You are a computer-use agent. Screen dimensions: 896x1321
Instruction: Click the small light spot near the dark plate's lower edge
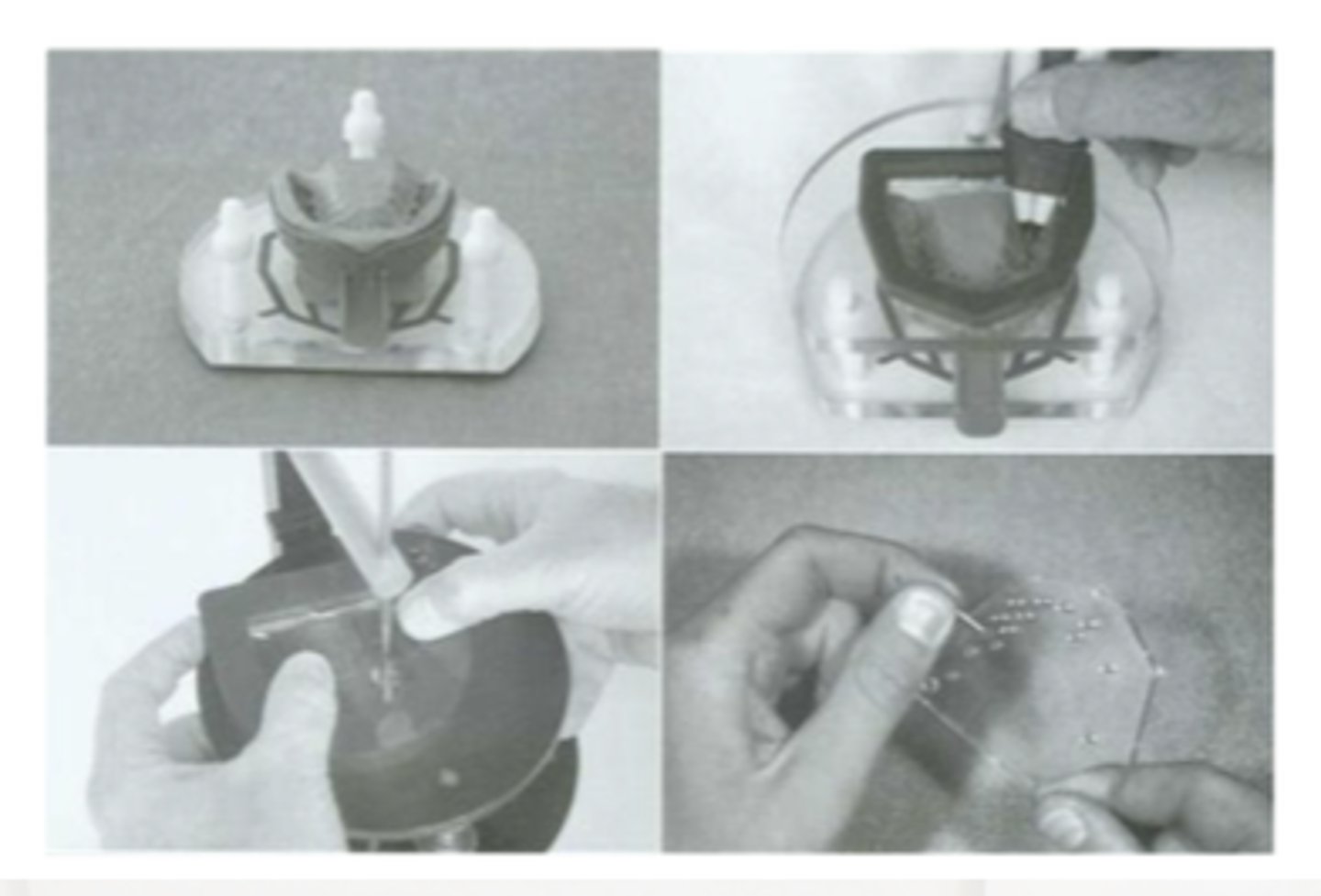[448, 777]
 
